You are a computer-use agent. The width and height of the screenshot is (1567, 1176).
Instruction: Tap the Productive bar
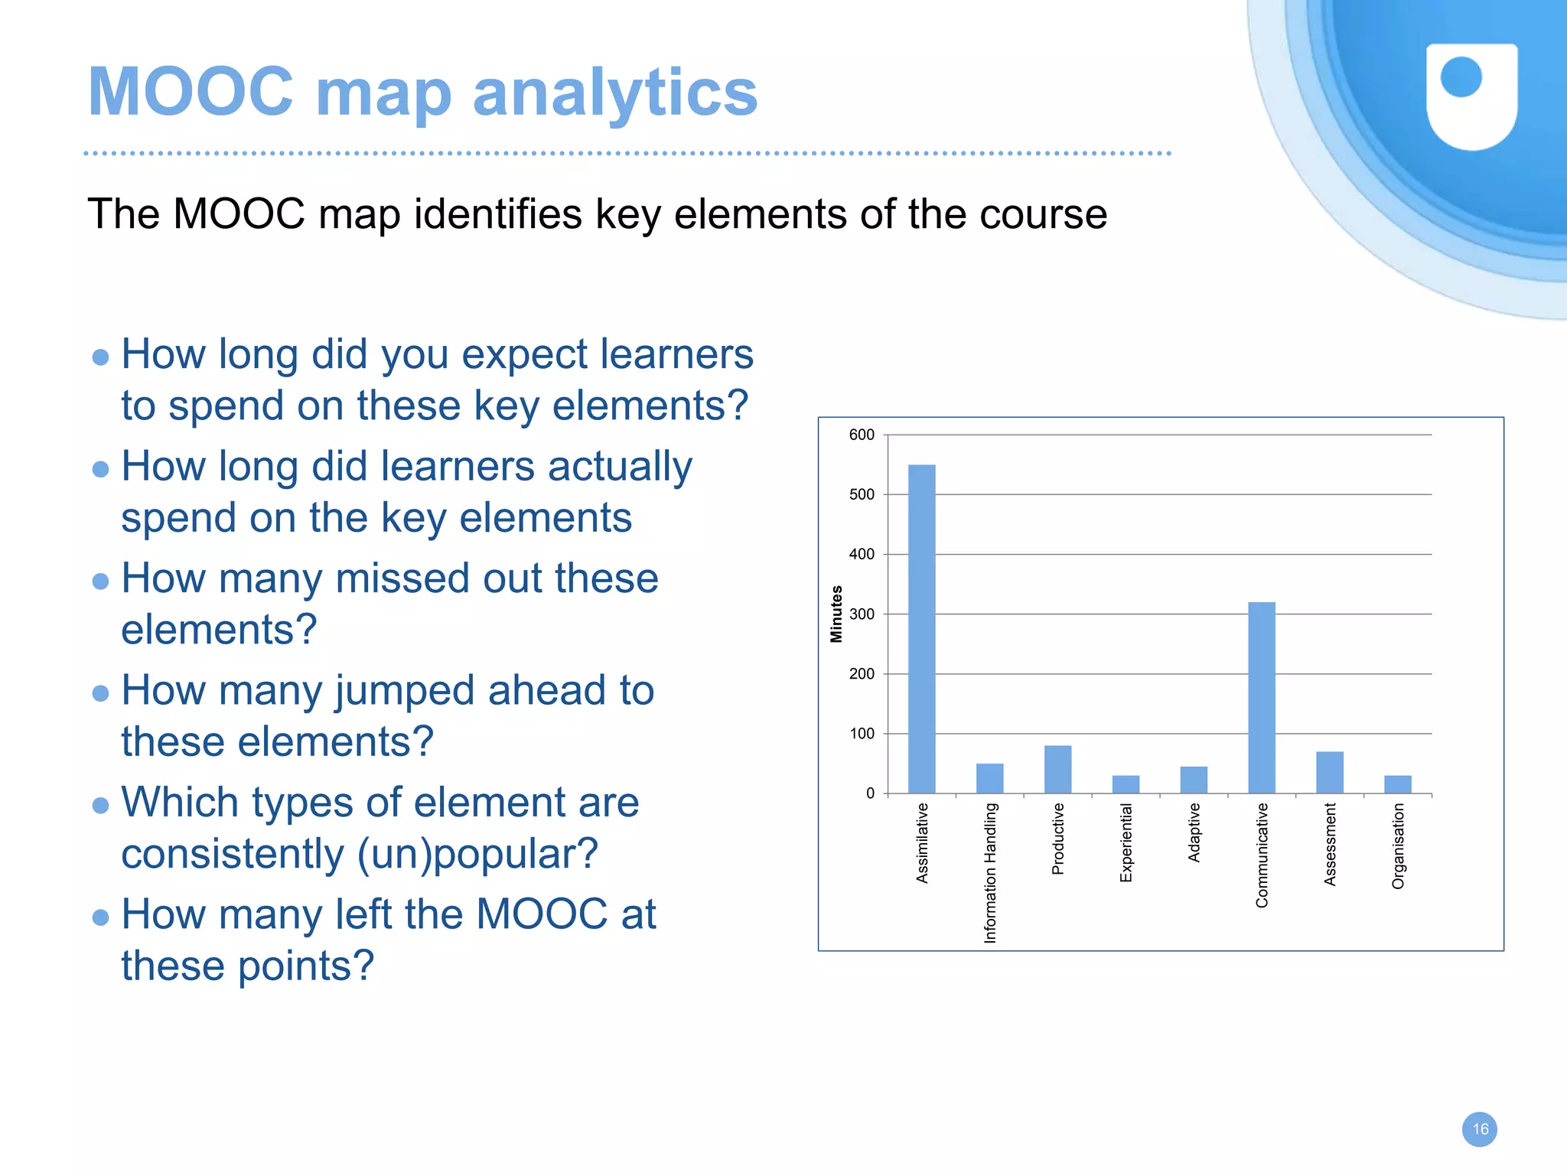pyautogui.click(x=1057, y=770)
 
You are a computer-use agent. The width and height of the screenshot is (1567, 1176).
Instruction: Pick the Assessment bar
pyautogui.click(x=1330, y=773)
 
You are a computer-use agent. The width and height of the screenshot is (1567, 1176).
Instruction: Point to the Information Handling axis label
pyautogui.click(x=990, y=872)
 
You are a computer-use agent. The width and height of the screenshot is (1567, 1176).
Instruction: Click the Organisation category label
pyautogui.click(x=1398, y=845)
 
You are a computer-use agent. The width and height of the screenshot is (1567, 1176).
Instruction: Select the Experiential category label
pyautogui.click(x=1126, y=842)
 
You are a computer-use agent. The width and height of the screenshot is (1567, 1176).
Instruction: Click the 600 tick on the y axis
pyautogui.click(x=862, y=435)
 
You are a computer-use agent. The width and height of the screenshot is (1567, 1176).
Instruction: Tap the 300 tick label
pyautogui.click(x=862, y=614)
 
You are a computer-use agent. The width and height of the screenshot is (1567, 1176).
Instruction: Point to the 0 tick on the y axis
pyautogui.click(x=870, y=793)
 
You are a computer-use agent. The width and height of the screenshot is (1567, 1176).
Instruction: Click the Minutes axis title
pyautogui.click(x=836, y=614)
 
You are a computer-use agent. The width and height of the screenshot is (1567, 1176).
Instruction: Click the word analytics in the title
pyautogui.click(x=615, y=93)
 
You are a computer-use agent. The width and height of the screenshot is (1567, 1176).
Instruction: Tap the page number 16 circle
pyautogui.click(x=1479, y=1129)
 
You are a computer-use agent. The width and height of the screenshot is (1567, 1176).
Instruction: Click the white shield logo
pyautogui.click(x=1471, y=96)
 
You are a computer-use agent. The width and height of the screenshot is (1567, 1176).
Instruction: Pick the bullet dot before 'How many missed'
pyautogui.click(x=100, y=581)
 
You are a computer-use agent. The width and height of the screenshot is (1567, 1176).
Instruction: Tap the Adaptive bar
pyautogui.click(x=1194, y=780)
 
